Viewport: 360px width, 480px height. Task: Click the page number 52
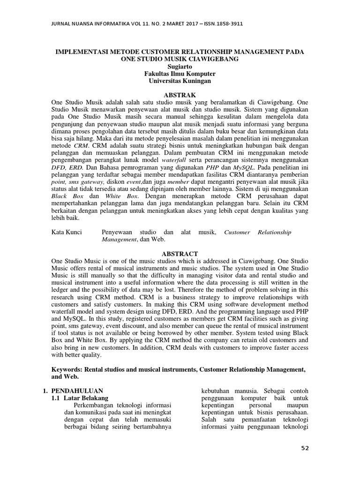pyautogui.click(x=305, y=449)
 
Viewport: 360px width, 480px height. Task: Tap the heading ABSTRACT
pyautogui.click(x=180, y=254)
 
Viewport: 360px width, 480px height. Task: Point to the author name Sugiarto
pyautogui.click(x=180, y=67)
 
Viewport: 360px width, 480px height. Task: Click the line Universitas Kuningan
pyautogui.click(x=180, y=81)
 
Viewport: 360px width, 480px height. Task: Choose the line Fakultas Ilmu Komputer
pyautogui.click(x=180, y=74)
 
